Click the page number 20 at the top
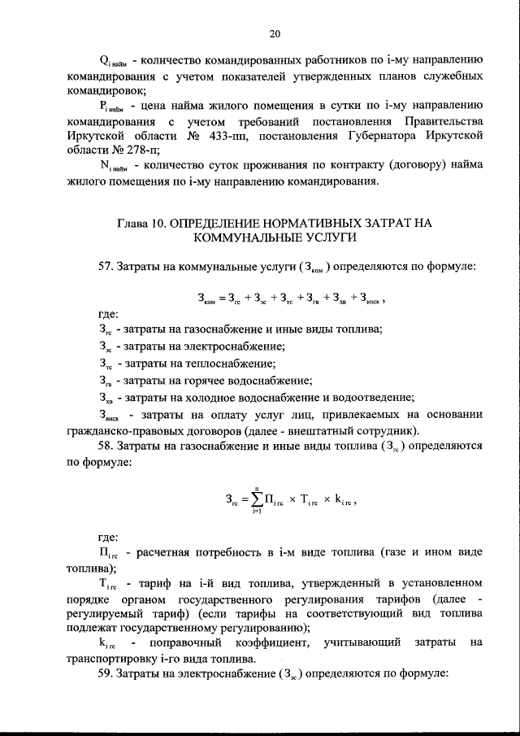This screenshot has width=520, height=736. pos(274,33)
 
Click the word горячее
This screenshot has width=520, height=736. pos(194,380)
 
